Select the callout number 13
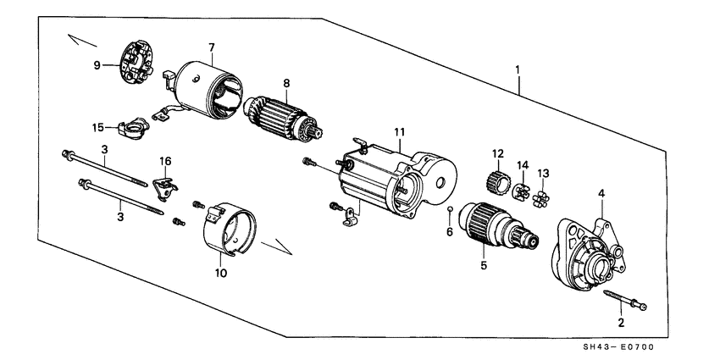tap(544, 173)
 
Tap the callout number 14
tap(523, 164)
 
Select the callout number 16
tap(166, 160)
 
